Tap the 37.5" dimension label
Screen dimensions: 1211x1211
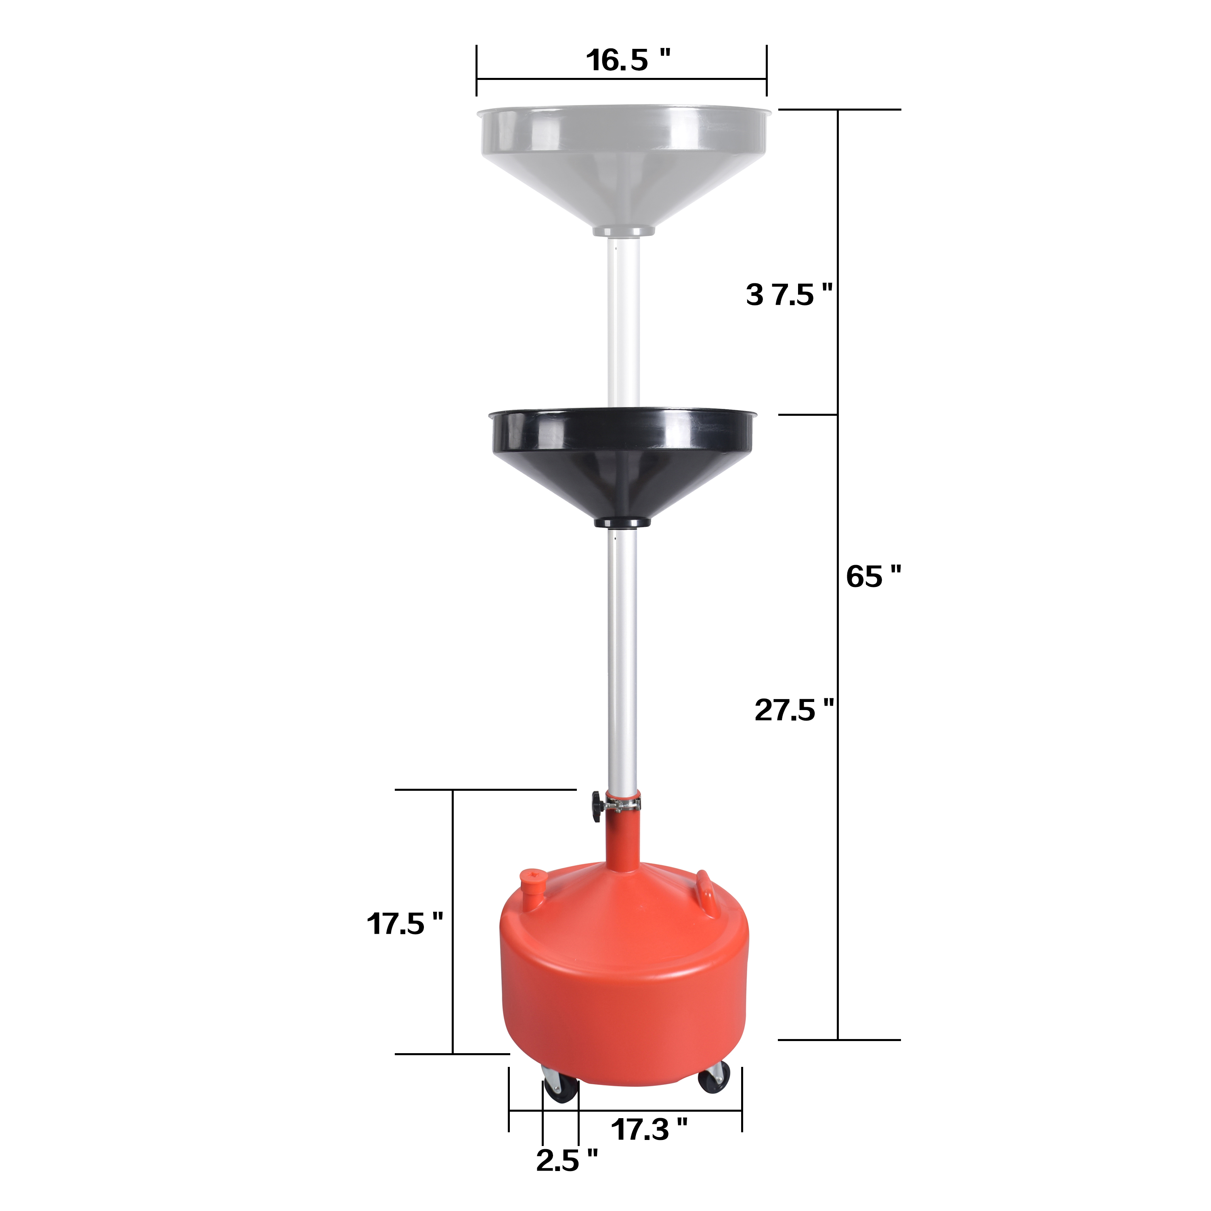[x=788, y=295]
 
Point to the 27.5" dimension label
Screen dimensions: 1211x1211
[x=794, y=710]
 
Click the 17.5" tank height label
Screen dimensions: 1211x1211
[x=404, y=924]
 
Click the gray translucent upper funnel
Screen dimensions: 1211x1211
[x=622, y=163]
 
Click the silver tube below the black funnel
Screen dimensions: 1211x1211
[x=622, y=658]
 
